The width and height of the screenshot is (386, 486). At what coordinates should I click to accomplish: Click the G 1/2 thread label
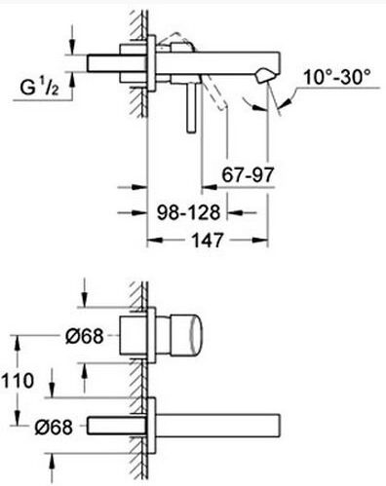(x=39, y=88)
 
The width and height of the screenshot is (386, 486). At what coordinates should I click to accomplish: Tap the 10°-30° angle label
(x=337, y=78)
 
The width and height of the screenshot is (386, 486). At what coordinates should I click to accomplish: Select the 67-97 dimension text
(x=248, y=174)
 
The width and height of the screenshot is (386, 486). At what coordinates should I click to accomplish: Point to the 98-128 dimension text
(x=188, y=212)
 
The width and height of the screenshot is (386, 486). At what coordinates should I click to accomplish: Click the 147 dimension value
(x=208, y=241)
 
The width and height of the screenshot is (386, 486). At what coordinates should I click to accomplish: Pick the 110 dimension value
(x=18, y=381)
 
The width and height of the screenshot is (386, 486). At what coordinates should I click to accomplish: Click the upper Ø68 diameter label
(x=84, y=336)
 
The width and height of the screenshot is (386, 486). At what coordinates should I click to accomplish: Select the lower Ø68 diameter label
(x=54, y=427)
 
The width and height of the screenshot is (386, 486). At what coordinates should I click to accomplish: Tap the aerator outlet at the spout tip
(x=266, y=75)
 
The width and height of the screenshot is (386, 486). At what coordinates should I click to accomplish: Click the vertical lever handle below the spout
(x=191, y=108)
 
